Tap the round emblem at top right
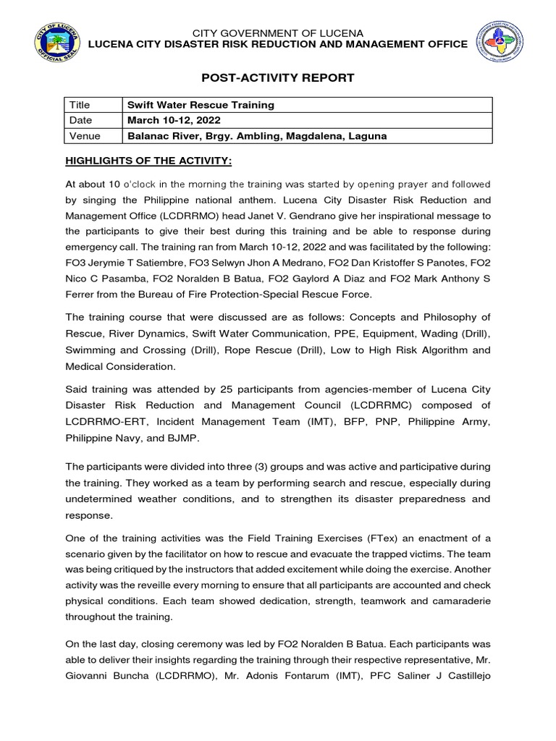[x=499, y=40]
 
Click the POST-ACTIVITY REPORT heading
[x=277, y=77]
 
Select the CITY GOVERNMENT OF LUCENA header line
[x=277, y=33]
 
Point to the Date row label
[x=81, y=120]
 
